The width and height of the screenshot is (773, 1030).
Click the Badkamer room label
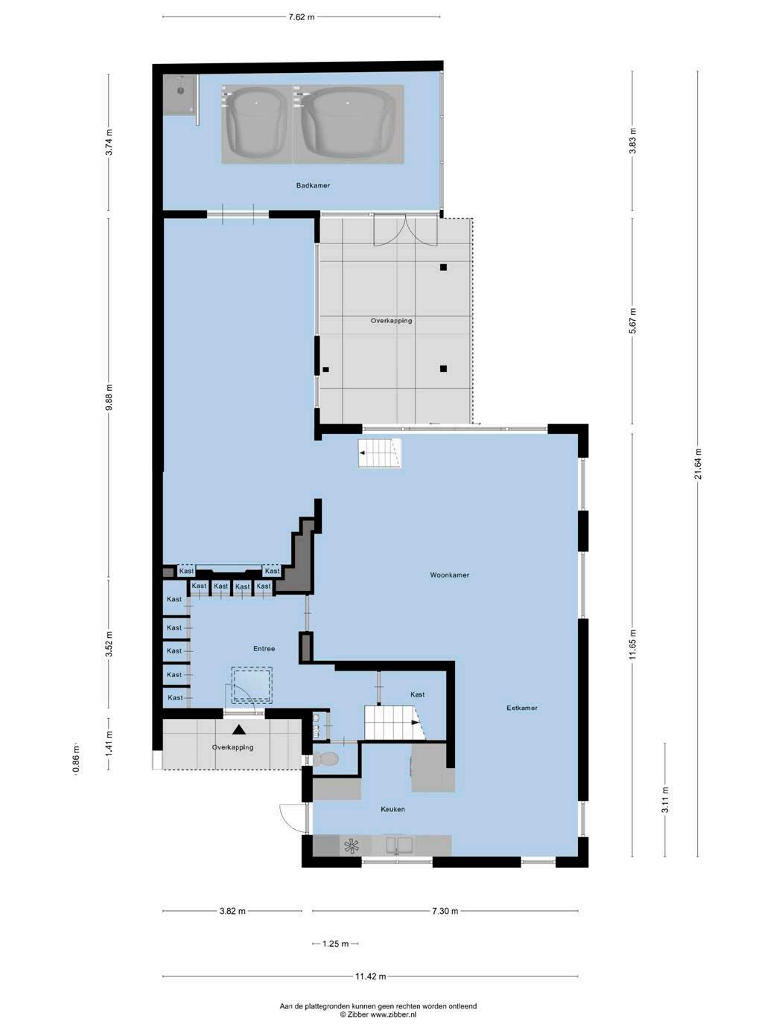[x=313, y=185]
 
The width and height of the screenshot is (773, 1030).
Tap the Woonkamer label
[x=450, y=575]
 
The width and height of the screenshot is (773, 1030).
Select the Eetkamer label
[x=522, y=708]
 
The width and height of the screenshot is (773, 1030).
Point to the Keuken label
[x=393, y=809]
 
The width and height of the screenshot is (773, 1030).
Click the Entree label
[x=264, y=648]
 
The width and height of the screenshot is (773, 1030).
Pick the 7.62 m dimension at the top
[x=302, y=17]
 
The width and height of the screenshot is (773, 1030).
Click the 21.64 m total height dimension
[x=699, y=464]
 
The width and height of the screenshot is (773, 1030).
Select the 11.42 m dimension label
[x=370, y=976]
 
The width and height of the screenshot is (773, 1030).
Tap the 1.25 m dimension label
[x=335, y=944]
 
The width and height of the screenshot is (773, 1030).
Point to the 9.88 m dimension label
[x=109, y=397]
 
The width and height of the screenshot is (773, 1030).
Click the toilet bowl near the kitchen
[x=325, y=758]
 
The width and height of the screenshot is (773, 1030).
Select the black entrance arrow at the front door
[x=239, y=729]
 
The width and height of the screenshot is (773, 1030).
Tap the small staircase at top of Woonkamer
[x=380, y=452]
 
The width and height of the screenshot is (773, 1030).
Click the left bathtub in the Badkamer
[x=256, y=124]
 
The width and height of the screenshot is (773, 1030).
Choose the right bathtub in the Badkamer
[x=349, y=124]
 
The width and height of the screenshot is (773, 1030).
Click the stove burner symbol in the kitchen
[x=351, y=846]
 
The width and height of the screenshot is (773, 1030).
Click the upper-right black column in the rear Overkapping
[x=443, y=267]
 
